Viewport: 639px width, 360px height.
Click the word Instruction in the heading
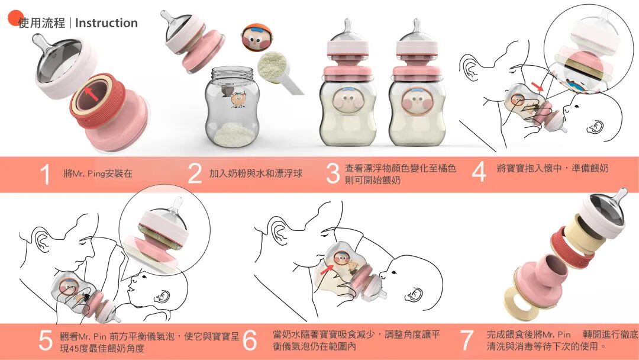pos(106,23)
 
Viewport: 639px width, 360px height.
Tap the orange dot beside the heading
pos(16,18)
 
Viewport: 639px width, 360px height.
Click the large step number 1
pos(46,174)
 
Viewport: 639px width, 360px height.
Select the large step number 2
pos(195,174)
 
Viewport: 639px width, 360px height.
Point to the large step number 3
pos(333,174)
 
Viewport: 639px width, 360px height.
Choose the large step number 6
pos(250,340)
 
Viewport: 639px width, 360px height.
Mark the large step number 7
pos(467,340)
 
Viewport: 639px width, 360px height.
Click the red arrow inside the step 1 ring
pos(92,94)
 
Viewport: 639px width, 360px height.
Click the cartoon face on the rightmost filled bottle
pos(416,101)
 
